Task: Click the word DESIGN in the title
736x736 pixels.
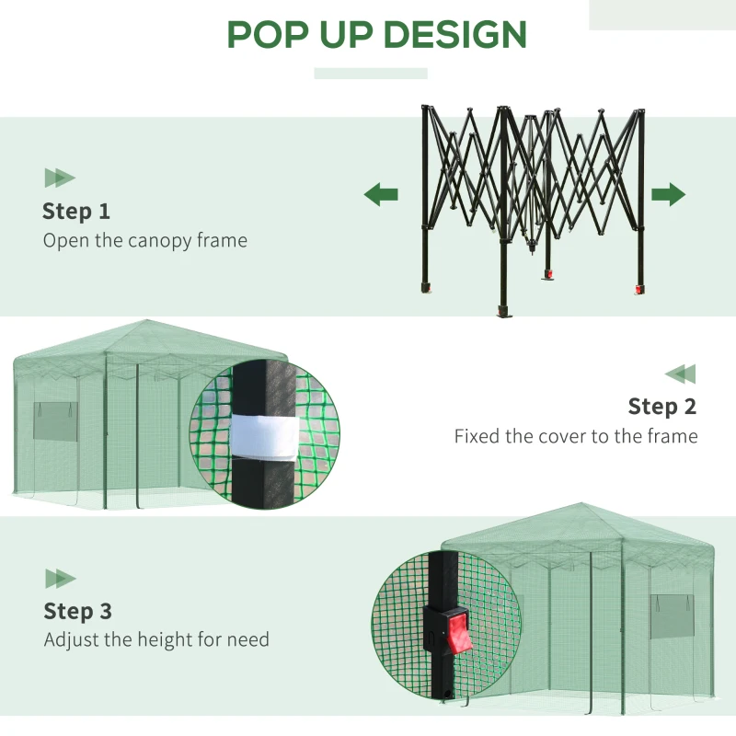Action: (454, 35)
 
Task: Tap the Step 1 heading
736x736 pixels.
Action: (76, 211)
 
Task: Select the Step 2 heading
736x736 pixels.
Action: (661, 406)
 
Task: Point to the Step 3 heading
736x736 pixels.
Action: (78, 611)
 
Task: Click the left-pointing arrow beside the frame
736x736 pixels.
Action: (381, 194)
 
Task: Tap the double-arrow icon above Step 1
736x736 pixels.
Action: (60, 178)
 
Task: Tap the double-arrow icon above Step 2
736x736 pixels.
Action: (680, 374)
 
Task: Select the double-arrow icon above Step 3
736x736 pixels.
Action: (61, 578)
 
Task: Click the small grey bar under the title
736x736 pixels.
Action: (371, 74)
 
